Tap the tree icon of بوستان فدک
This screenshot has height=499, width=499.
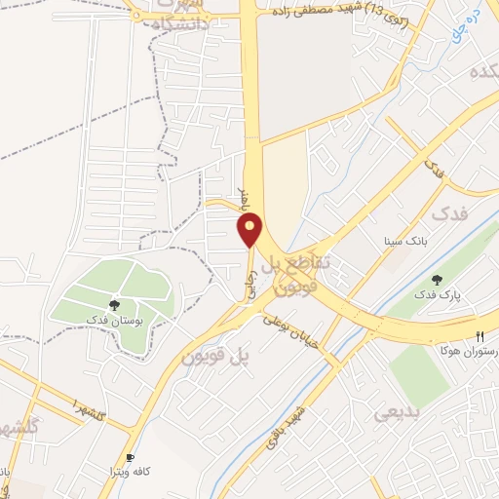(x=114, y=306)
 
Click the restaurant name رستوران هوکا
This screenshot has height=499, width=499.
(x=468, y=348)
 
